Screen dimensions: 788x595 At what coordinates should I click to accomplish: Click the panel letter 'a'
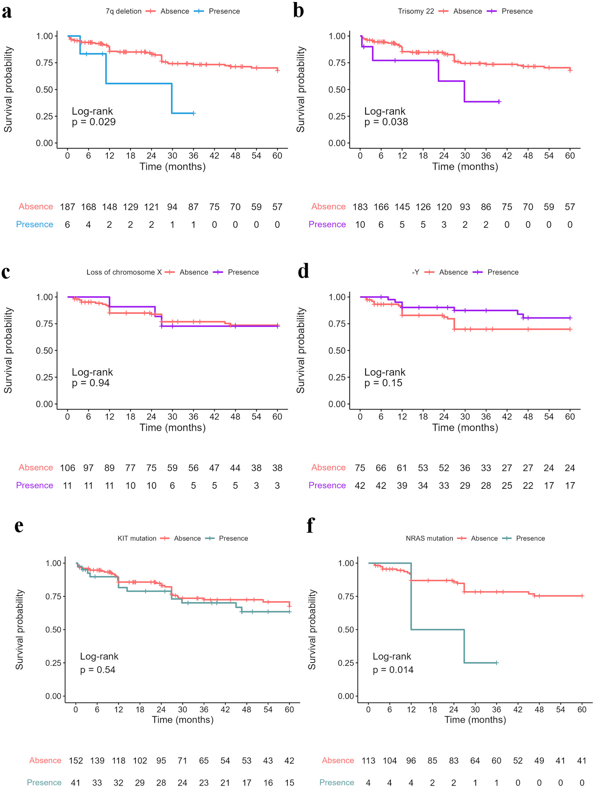pyautogui.click(x=7, y=12)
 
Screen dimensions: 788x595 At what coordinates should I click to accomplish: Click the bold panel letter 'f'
pyautogui.click(x=310, y=525)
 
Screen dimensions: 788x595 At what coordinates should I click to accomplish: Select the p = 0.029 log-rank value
pyautogui.click(x=94, y=122)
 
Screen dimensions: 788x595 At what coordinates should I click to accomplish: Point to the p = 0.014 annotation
pyautogui.click(x=393, y=670)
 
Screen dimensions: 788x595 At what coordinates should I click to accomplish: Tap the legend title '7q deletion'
pyautogui.click(x=123, y=11)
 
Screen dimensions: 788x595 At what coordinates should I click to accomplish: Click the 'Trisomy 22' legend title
pyautogui.click(x=416, y=11)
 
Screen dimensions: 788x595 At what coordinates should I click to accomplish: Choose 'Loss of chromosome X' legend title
pyautogui.click(x=124, y=272)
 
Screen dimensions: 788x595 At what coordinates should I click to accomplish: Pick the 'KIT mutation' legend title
pyautogui.click(x=137, y=538)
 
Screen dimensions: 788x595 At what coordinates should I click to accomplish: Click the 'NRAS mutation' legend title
pyautogui.click(x=429, y=538)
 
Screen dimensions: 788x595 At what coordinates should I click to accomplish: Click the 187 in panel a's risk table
pyautogui.click(x=67, y=207)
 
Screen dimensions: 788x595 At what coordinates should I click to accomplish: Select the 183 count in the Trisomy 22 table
pyautogui.click(x=360, y=207)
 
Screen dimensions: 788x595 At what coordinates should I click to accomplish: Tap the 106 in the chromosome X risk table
pyautogui.click(x=67, y=468)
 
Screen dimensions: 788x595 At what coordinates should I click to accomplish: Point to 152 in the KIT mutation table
pyautogui.click(x=76, y=760)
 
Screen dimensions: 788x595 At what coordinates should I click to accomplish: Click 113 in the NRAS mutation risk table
pyautogui.click(x=368, y=760)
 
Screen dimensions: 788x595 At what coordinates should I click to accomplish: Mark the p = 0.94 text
pyautogui.click(x=91, y=383)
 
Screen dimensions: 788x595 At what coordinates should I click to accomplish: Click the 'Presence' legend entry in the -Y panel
pyautogui.click(x=503, y=272)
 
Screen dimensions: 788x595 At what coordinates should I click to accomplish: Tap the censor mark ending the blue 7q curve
pyautogui.click(x=193, y=113)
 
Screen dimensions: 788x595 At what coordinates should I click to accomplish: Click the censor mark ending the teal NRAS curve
pyautogui.click(x=497, y=663)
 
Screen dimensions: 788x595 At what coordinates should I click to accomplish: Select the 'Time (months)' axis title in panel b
pyautogui.click(x=465, y=167)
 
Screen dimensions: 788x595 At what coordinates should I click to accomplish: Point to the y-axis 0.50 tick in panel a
pyautogui.click(x=44, y=90)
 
